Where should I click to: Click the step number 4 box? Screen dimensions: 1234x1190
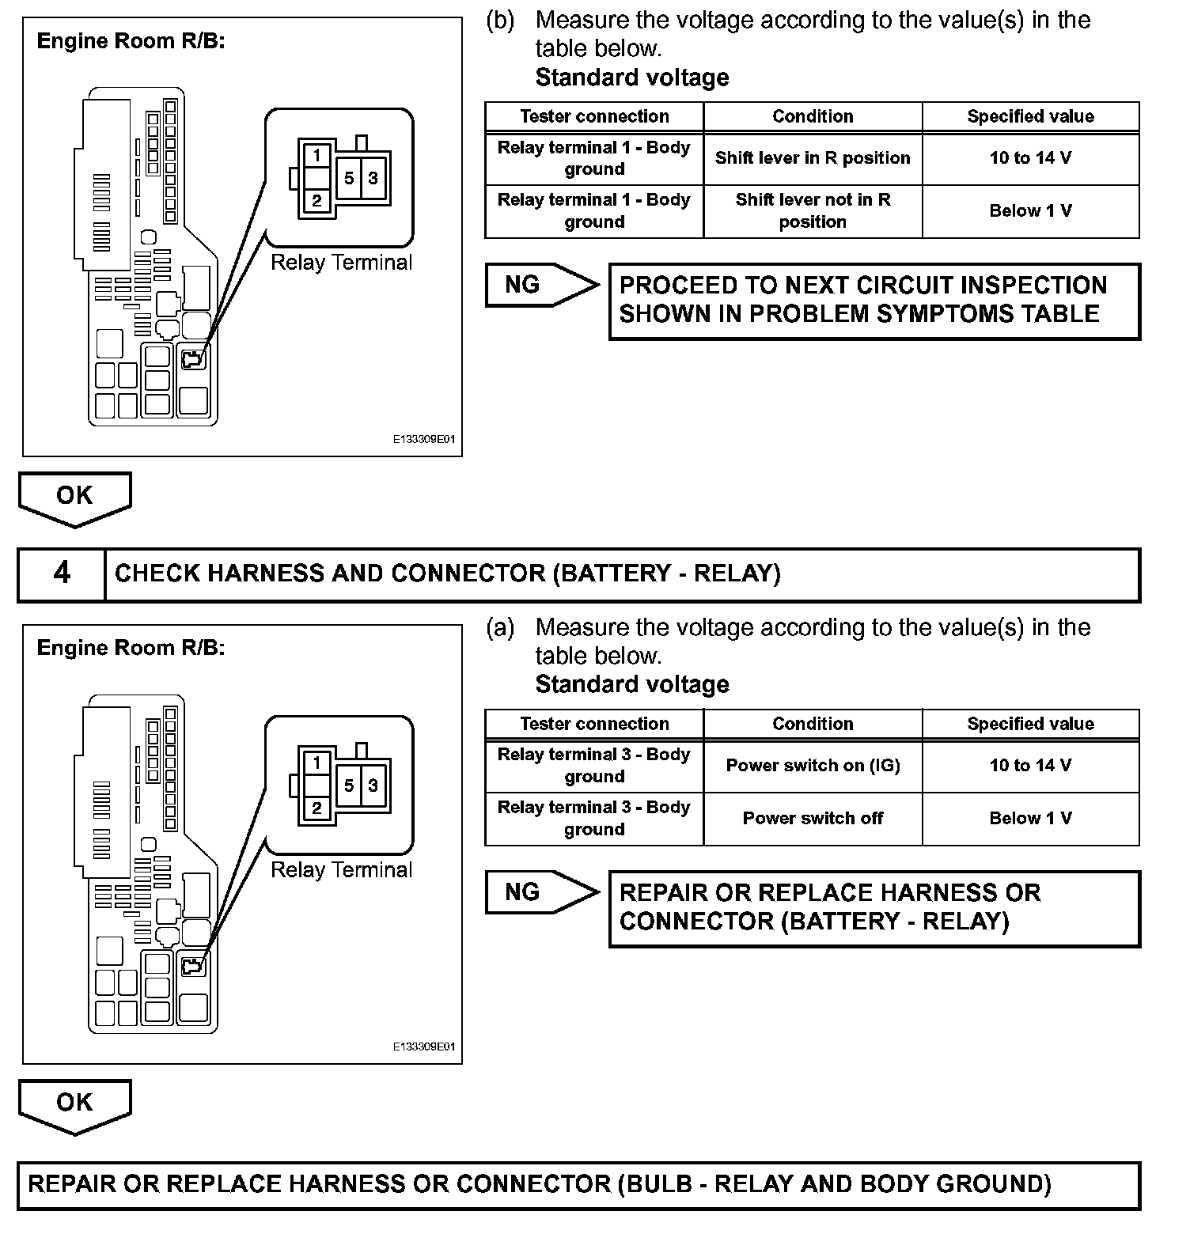coord(62,573)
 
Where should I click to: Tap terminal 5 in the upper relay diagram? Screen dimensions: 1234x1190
coord(349,178)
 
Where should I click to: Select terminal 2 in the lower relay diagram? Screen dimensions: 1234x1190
coord(316,808)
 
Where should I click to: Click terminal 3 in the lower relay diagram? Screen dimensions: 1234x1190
coord(373,785)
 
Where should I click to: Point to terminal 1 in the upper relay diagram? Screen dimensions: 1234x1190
coord(316,155)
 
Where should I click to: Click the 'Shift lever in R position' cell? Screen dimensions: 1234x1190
coord(813,158)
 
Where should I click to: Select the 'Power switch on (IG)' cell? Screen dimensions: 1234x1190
coord(813,766)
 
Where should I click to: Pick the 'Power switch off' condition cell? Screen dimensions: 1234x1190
coord(813,819)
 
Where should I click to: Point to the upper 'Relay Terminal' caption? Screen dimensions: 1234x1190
coord(341,263)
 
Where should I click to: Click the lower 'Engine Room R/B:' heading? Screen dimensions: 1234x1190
coord(131,648)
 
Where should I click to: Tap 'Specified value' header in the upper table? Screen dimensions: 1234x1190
coord(1030,116)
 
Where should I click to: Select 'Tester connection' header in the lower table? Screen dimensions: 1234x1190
coord(594,724)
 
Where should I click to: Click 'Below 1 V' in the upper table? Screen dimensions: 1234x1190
coord(1030,211)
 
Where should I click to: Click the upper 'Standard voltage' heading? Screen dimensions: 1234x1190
coord(631,78)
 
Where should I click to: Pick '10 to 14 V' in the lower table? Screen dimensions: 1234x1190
coord(1030,766)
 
